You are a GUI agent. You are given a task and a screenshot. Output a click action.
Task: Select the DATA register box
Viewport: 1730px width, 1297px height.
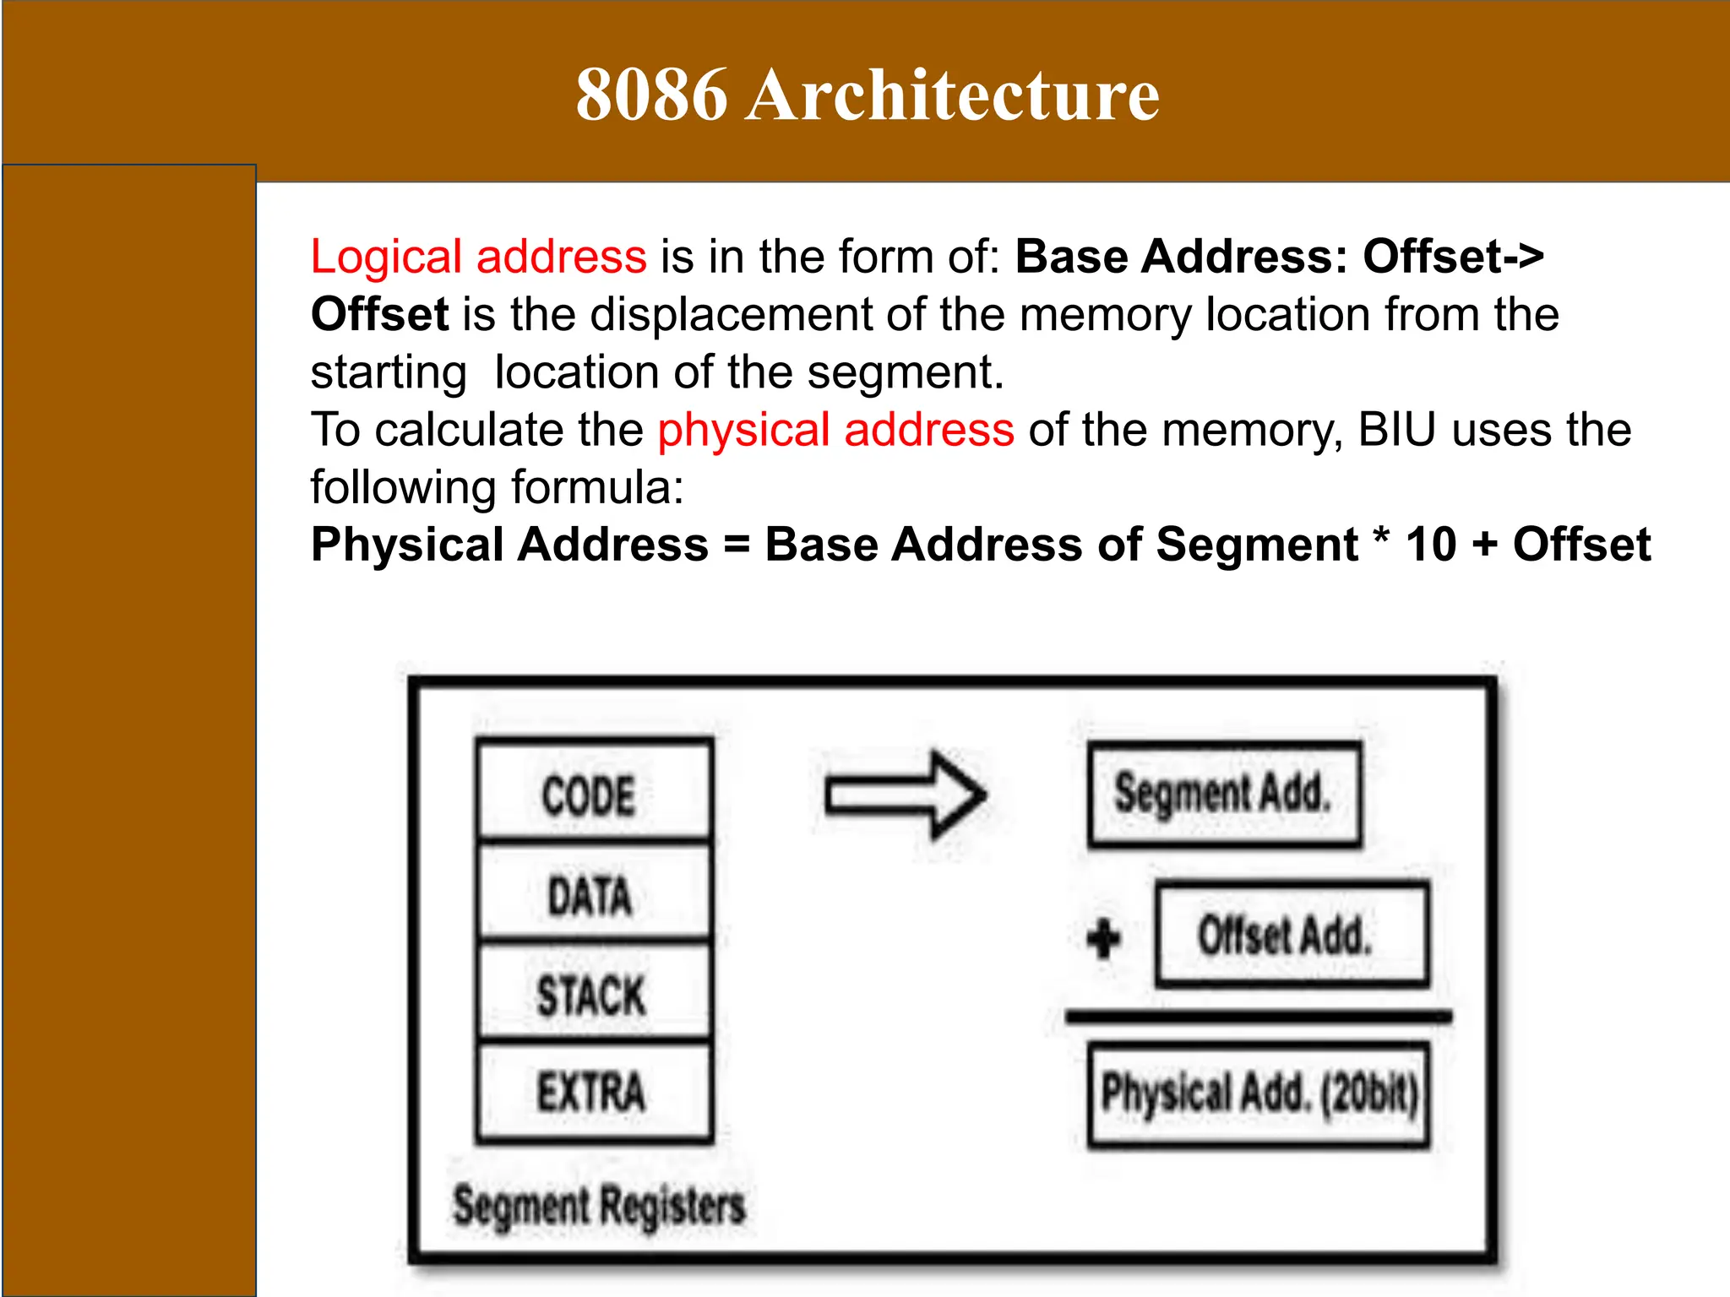tap(594, 893)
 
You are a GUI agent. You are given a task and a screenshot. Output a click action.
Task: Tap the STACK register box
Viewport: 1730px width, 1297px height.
tap(594, 993)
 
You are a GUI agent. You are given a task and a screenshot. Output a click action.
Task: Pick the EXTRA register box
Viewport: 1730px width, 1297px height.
tap(594, 1092)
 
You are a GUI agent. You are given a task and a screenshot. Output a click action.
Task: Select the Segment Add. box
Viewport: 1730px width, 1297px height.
tap(1224, 795)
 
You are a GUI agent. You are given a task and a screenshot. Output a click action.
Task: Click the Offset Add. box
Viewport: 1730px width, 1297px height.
tap(1292, 935)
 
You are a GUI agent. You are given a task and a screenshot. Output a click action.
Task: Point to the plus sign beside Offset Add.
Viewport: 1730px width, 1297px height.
tap(1103, 938)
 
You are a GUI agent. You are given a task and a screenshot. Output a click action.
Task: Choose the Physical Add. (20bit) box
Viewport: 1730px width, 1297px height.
tap(1259, 1094)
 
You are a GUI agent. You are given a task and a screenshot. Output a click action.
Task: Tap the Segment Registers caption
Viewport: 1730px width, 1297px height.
tap(599, 1206)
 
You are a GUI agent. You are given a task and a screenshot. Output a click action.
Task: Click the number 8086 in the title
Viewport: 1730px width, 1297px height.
tap(651, 95)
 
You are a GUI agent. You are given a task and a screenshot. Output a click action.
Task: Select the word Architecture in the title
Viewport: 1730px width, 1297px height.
tap(952, 95)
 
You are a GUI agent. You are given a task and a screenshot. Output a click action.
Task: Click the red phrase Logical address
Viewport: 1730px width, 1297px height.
tap(478, 257)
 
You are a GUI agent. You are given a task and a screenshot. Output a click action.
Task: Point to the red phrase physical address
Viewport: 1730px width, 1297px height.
tap(835, 430)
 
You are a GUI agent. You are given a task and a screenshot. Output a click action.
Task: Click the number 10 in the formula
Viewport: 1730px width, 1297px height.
tap(1431, 545)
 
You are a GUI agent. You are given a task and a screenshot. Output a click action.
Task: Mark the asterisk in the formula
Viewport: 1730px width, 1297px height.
tap(1381, 538)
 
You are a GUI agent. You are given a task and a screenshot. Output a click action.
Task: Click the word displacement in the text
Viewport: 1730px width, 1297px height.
tap(730, 315)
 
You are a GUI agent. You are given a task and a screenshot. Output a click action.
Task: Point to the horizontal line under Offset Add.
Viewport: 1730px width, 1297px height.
tap(1259, 1017)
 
